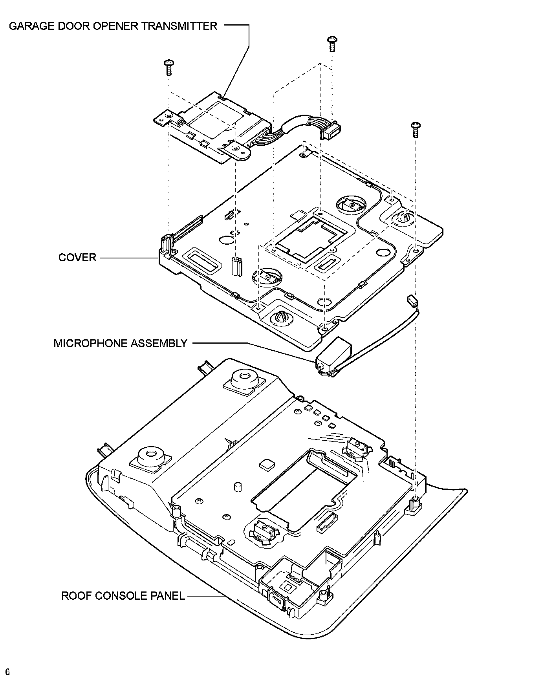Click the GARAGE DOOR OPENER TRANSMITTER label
(x=113, y=26)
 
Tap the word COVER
(x=77, y=258)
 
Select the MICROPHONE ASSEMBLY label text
(x=121, y=343)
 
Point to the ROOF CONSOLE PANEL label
(x=123, y=596)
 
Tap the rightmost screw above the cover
(x=416, y=129)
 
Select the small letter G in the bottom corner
(x=7, y=672)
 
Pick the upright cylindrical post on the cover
(x=237, y=266)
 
